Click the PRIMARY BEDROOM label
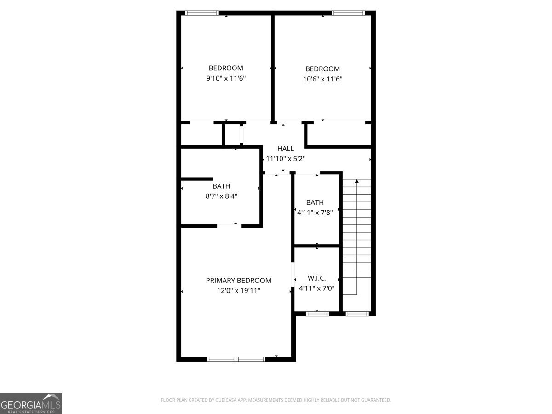(x=238, y=280)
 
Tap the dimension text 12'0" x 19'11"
(x=238, y=290)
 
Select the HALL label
(x=285, y=149)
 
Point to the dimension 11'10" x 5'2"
(x=286, y=159)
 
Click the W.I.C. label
(x=316, y=278)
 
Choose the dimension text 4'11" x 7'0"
(x=316, y=288)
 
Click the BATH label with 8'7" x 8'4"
(x=221, y=186)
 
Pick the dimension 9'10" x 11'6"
(x=226, y=78)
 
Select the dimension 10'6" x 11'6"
(x=322, y=79)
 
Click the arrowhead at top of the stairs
(x=357, y=182)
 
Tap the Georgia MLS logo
(x=31, y=403)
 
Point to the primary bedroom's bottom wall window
(x=236, y=359)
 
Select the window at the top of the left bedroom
(x=201, y=13)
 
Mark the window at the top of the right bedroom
(x=348, y=13)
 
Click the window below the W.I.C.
(x=317, y=314)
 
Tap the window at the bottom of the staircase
(x=357, y=314)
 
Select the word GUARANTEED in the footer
(x=375, y=400)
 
